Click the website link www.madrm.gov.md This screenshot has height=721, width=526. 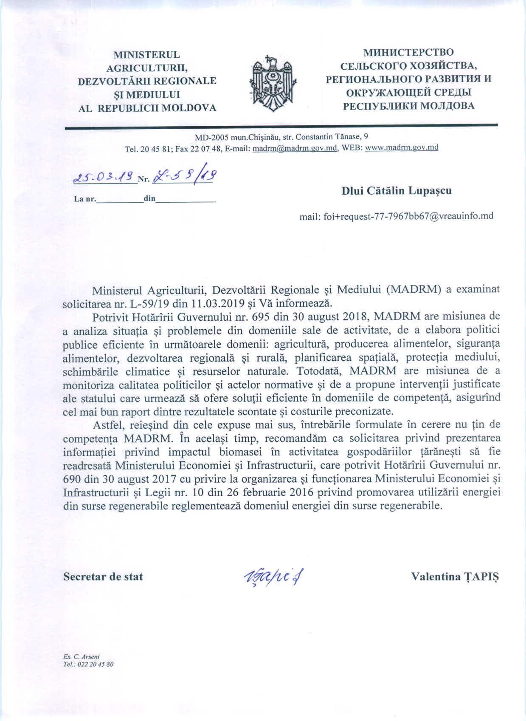click(x=401, y=148)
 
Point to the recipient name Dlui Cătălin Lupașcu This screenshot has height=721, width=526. click(x=397, y=190)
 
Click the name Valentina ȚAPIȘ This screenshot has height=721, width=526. click(x=456, y=577)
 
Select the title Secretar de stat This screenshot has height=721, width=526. click(x=103, y=577)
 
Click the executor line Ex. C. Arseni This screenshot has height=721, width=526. click(x=81, y=656)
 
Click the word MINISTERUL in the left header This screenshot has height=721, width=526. click(x=146, y=55)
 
